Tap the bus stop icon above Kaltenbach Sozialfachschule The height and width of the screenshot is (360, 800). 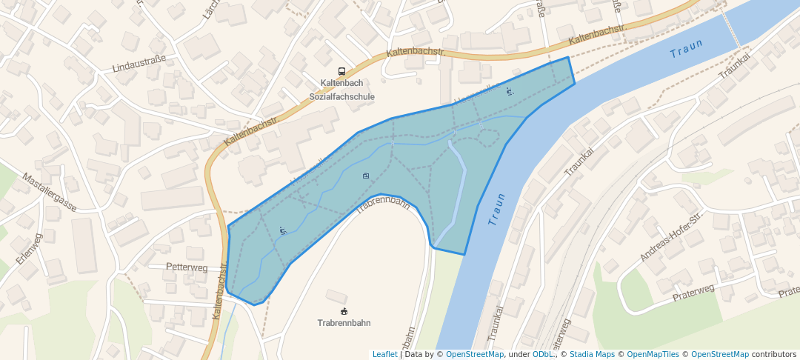(341, 71)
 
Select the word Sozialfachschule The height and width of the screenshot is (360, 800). (342, 96)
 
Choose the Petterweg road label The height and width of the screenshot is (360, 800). (187, 267)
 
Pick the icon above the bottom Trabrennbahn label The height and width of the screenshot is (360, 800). (344, 310)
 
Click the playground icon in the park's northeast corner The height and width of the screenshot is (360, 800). (509, 91)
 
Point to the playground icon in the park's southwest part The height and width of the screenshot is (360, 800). (282, 231)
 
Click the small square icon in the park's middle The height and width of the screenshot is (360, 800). (366, 176)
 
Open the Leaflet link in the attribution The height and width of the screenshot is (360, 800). (384, 354)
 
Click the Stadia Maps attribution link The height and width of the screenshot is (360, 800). (591, 354)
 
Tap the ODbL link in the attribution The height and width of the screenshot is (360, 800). (543, 354)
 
